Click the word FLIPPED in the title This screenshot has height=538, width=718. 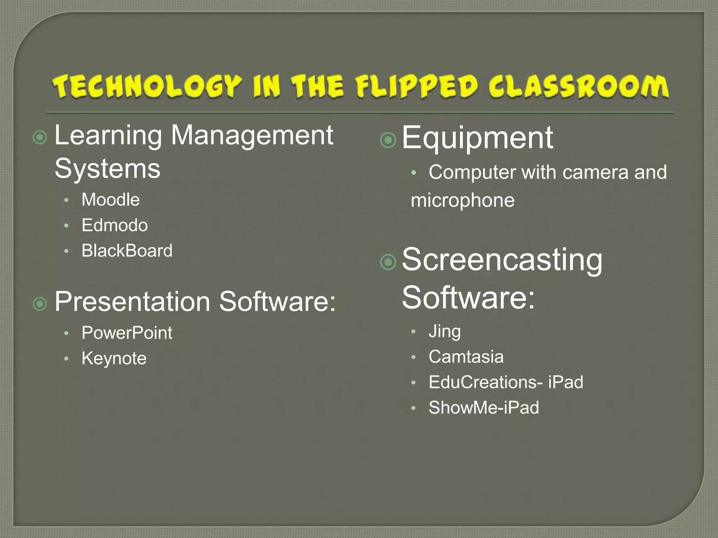[416, 87]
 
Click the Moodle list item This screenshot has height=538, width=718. [110, 200]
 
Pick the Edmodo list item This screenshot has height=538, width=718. [115, 225]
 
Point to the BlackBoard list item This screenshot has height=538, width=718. [127, 250]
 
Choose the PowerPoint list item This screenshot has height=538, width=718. [127, 332]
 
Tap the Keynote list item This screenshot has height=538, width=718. [114, 358]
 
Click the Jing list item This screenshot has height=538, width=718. [445, 331]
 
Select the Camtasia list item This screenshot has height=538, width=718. [466, 357]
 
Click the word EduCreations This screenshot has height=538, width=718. [482, 382]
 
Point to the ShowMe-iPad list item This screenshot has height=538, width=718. [484, 407]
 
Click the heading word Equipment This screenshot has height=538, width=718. [477, 138]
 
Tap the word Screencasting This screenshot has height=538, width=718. [502, 260]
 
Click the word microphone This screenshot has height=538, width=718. [462, 200]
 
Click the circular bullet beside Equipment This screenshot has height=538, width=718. [388, 140]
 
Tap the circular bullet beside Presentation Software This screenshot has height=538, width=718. [40, 304]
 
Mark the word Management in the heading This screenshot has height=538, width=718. [252, 135]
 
